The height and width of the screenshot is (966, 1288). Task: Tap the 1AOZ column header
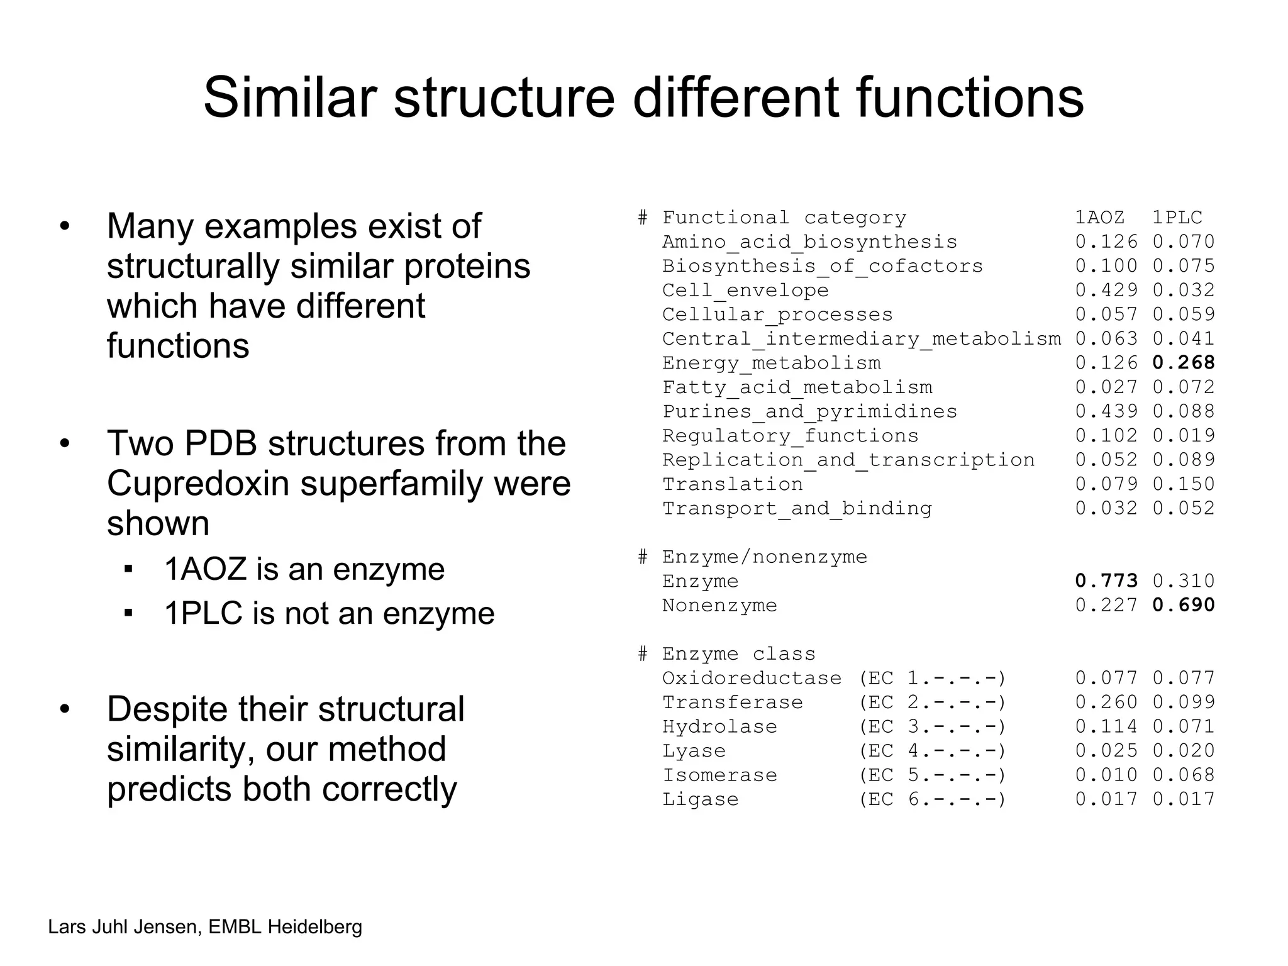click(x=1099, y=218)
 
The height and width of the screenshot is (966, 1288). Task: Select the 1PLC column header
click(x=1177, y=218)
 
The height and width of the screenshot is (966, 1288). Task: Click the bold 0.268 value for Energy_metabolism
click(x=1184, y=363)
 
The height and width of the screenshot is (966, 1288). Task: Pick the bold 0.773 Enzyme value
click(x=1106, y=580)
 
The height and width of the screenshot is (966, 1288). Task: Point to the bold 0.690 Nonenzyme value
click(x=1184, y=605)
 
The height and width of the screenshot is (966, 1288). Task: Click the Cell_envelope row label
click(x=745, y=291)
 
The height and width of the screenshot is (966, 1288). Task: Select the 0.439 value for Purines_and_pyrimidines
click(x=1106, y=411)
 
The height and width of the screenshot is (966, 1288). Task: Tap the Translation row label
click(x=733, y=484)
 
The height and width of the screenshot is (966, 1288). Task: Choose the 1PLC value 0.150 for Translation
click(x=1184, y=484)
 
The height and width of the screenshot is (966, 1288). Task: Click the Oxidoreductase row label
click(x=752, y=678)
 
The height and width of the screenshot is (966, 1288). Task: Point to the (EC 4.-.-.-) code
click(x=933, y=751)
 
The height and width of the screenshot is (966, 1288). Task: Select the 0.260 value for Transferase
click(x=1106, y=702)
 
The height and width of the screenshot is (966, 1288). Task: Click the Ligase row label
click(x=701, y=799)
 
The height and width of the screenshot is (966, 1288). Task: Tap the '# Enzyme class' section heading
click(x=726, y=654)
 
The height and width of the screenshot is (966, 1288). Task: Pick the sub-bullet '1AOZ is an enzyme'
click(x=304, y=569)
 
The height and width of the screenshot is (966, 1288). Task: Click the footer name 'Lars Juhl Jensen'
click(x=123, y=927)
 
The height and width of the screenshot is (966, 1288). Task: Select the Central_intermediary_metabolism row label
click(x=862, y=339)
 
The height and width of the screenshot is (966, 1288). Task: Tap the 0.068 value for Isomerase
click(x=1184, y=775)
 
